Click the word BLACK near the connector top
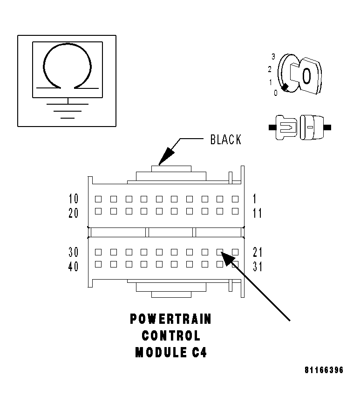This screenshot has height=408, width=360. coord(226,140)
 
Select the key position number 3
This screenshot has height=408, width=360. coord(273,56)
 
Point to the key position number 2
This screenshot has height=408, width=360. coord(270,70)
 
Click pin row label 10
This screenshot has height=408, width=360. coord(74,199)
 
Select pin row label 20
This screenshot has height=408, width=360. coord(74,214)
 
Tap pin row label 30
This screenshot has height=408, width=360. coord(74,252)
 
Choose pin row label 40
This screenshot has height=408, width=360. coord(74,267)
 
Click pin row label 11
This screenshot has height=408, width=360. coord(257,214)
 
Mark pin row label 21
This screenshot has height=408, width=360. coord(257,252)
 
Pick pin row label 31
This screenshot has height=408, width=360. coord(257,267)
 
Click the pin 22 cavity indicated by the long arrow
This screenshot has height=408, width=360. coord(220,252)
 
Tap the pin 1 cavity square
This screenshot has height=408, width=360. coord(235,199)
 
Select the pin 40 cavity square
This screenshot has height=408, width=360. coord(98,264)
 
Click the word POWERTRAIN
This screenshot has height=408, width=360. coord(170,319)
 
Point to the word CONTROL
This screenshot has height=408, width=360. coord(170,336)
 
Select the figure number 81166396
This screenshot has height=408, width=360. coord(324,371)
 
